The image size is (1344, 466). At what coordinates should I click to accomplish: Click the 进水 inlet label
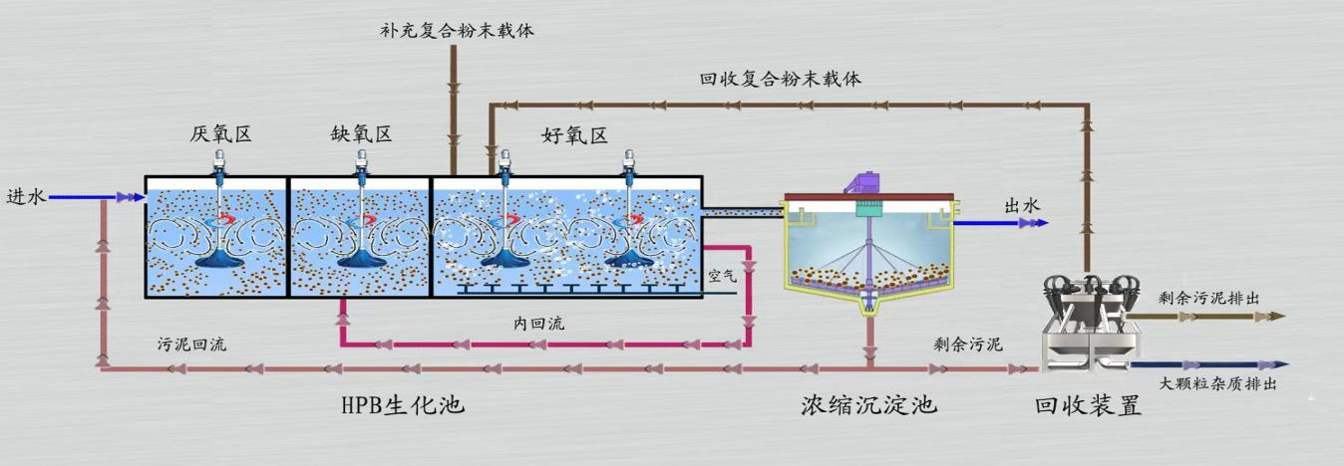tap(26, 197)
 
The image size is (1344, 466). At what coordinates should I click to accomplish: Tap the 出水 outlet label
tap(1021, 205)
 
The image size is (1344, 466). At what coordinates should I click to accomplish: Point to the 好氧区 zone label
tap(574, 135)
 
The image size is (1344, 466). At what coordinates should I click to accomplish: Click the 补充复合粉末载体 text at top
tap(458, 30)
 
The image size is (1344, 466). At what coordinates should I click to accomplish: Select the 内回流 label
tap(539, 324)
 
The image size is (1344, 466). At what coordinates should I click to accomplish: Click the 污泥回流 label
tap(192, 345)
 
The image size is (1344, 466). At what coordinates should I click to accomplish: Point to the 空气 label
tap(721, 276)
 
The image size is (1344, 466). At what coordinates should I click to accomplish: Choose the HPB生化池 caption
tap(403, 406)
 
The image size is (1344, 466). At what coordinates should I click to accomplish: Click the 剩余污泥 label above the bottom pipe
tap(967, 345)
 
